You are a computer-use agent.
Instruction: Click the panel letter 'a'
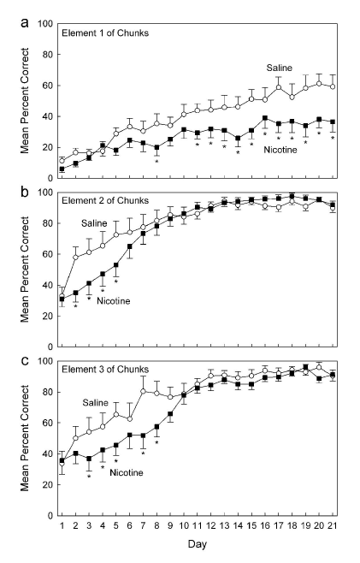click(x=25, y=24)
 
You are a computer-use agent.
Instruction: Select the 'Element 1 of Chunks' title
click(x=105, y=33)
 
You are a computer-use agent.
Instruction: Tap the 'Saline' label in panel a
click(x=280, y=68)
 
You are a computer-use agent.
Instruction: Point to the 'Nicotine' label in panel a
click(x=280, y=150)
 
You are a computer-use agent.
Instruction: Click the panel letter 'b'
click(x=25, y=192)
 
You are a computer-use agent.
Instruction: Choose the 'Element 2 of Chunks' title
click(x=105, y=200)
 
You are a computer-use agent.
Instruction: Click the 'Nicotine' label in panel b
click(x=114, y=301)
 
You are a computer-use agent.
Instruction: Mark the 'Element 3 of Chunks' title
click(x=105, y=369)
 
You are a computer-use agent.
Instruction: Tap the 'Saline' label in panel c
click(x=95, y=402)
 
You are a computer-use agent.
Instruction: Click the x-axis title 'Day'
click(x=197, y=543)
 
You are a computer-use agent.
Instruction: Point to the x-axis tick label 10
click(x=183, y=525)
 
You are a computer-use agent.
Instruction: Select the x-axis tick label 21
click(x=333, y=525)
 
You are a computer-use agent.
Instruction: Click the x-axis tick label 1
click(x=62, y=525)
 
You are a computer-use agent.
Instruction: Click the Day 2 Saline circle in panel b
click(x=75, y=257)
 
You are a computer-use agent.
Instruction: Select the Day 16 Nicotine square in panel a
click(x=265, y=118)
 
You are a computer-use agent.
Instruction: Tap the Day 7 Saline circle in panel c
click(x=143, y=391)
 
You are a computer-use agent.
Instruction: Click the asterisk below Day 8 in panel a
click(x=156, y=162)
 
